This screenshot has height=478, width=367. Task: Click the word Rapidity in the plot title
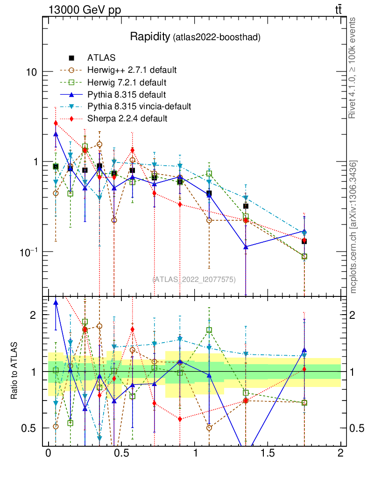coord(150,36)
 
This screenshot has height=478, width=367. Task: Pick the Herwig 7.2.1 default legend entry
coord(127,83)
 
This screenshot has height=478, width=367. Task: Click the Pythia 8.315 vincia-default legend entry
coord(139,106)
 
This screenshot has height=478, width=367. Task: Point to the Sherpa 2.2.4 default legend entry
coord(127,119)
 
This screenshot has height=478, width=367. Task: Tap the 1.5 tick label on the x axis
coord(268,453)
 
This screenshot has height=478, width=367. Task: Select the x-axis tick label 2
coord(340,453)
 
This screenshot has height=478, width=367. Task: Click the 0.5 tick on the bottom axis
coord(121,453)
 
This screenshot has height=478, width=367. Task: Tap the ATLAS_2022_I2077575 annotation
coord(194,279)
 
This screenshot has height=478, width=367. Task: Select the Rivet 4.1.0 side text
coord(353,68)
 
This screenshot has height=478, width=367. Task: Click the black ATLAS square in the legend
coord(71,58)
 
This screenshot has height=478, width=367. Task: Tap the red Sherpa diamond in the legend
coord(71,119)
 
